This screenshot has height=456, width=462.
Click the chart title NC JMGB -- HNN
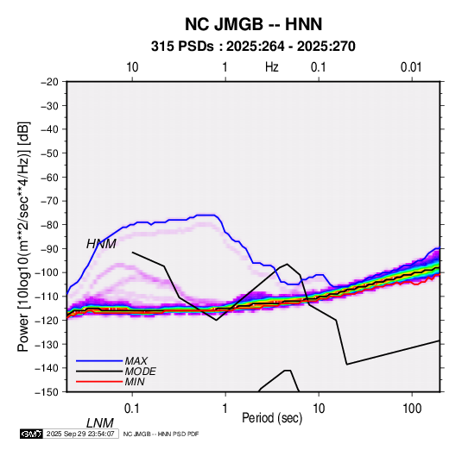(x=253, y=24)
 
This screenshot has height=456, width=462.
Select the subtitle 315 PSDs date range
(x=253, y=47)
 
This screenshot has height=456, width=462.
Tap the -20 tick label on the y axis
(x=49, y=82)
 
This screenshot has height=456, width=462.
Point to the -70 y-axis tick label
(x=49, y=201)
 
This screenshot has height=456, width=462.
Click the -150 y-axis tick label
(x=47, y=392)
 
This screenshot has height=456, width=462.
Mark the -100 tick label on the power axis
(x=47, y=272)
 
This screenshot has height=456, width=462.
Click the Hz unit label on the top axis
(x=272, y=67)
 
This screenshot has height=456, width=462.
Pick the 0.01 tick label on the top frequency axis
(x=411, y=67)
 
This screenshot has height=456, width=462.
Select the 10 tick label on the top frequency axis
(x=132, y=67)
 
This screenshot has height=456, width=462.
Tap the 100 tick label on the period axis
(x=412, y=409)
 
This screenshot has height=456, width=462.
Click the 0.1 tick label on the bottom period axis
(x=132, y=409)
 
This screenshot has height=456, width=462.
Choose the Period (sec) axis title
(x=272, y=418)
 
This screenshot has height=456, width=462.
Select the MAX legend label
(x=136, y=361)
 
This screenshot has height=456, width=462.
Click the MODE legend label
(x=140, y=372)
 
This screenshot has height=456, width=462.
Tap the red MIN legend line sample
(x=99, y=382)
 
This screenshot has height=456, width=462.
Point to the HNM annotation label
(x=101, y=244)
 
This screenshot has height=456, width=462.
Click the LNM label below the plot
(x=99, y=423)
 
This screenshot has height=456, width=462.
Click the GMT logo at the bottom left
(x=31, y=434)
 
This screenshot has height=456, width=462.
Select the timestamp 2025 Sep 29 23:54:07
(x=80, y=434)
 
